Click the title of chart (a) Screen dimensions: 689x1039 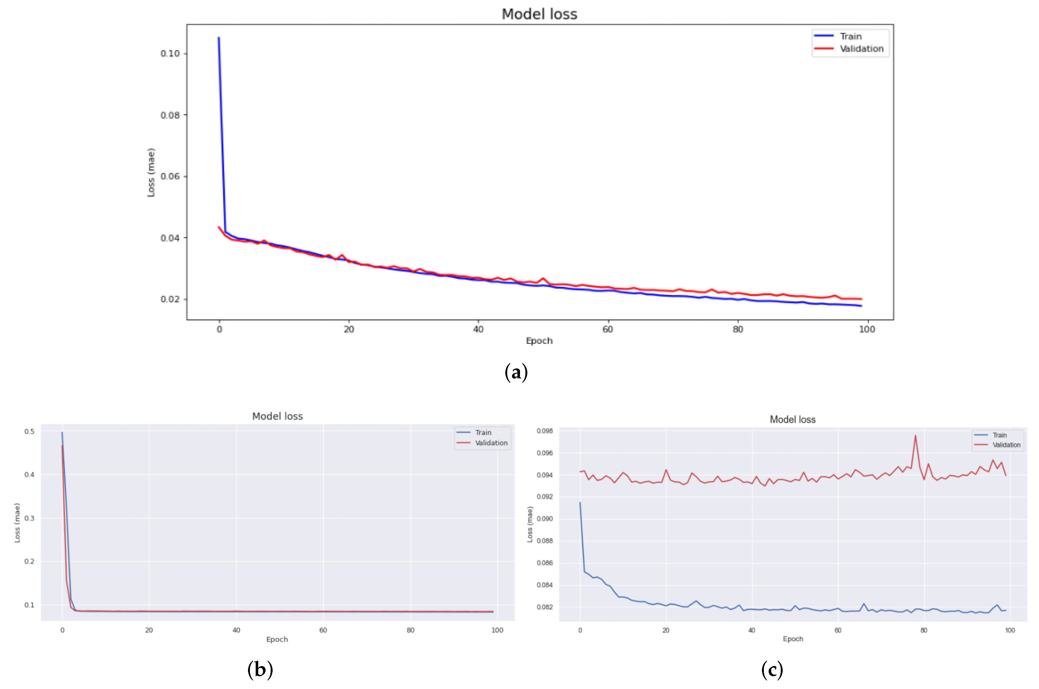coord(539,14)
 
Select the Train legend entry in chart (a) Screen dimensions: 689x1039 coord(850,36)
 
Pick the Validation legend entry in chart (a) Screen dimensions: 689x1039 coord(861,49)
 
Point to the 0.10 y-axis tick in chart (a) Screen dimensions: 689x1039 coord(170,54)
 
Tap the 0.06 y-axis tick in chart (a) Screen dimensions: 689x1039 coord(170,176)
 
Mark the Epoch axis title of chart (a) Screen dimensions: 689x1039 coord(539,341)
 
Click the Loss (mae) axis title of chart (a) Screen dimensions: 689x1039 coord(151,172)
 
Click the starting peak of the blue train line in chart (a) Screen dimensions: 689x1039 coord(219,38)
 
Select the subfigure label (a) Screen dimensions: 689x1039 coord(516,372)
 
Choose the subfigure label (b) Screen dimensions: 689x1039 coord(260,670)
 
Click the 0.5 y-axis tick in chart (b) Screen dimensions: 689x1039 coord(29,432)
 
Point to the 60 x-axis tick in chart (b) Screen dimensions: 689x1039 coord(323,630)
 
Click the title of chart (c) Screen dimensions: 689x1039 coord(792,420)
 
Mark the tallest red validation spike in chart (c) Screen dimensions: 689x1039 coord(915,436)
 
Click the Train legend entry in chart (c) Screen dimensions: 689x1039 coord(999,435)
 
